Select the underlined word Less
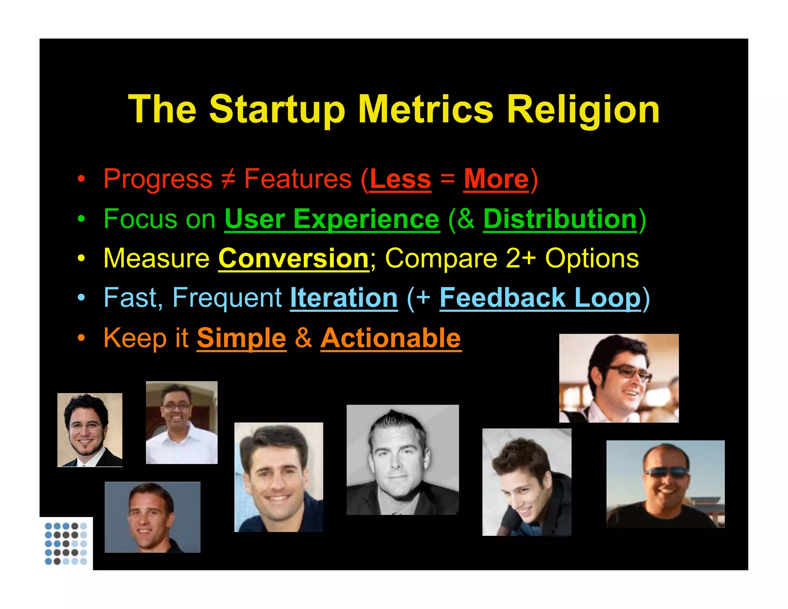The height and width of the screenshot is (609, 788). (x=400, y=179)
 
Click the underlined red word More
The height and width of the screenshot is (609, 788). (x=496, y=179)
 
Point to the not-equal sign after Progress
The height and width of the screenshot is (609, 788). (x=228, y=179)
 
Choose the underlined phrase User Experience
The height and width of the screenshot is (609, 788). (x=332, y=219)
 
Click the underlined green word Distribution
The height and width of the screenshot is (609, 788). (x=560, y=219)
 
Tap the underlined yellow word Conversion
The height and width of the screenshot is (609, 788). (x=294, y=259)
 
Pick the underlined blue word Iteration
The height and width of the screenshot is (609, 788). (x=344, y=298)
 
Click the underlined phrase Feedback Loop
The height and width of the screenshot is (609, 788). (x=540, y=298)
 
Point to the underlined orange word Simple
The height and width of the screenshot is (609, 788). (x=242, y=338)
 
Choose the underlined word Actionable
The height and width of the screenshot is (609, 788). (x=391, y=338)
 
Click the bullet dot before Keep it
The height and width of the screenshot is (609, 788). (x=81, y=338)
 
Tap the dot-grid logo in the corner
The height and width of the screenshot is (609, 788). (x=66, y=543)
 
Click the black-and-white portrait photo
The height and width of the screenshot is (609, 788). (x=402, y=460)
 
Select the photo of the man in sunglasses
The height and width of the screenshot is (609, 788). (x=665, y=484)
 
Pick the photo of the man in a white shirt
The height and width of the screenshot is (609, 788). (x=182, y=422)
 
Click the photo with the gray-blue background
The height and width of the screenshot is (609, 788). (x=152, y=517)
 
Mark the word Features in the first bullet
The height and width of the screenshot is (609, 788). (x=298, y=179)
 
